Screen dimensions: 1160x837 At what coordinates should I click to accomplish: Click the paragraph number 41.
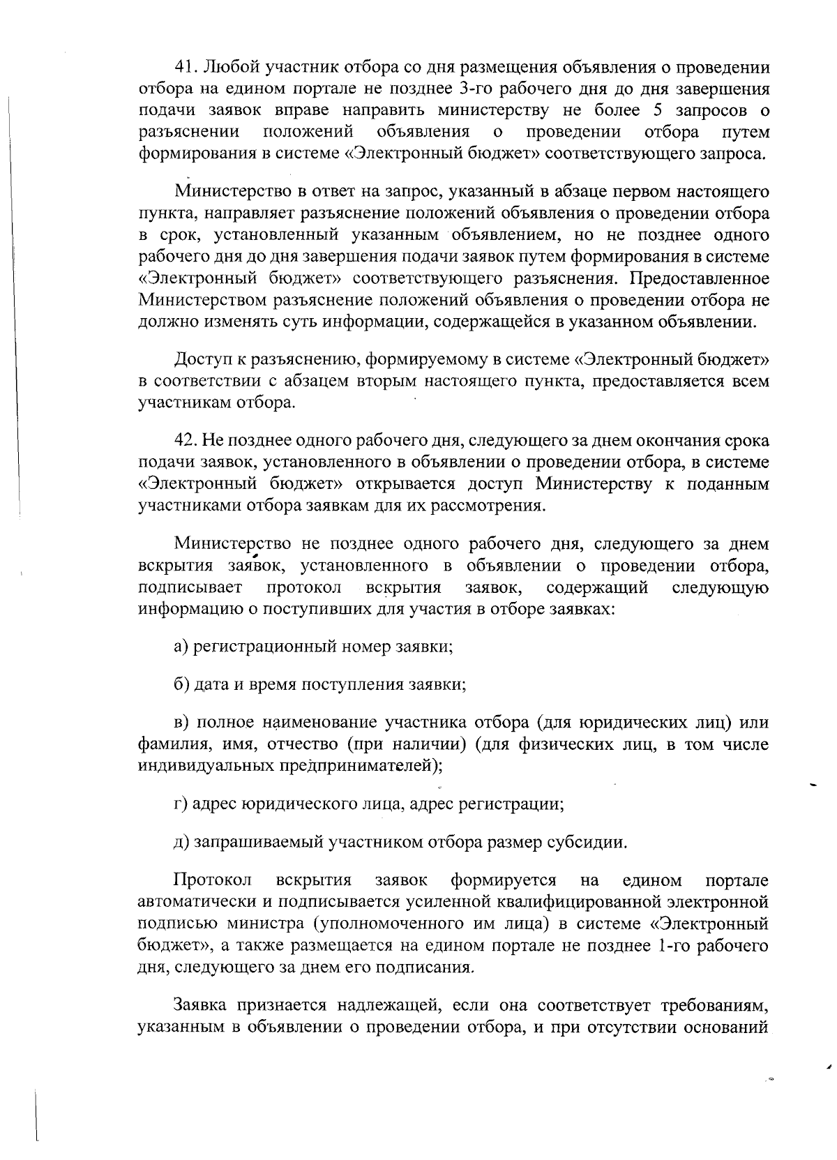click(x=184, y=68)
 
